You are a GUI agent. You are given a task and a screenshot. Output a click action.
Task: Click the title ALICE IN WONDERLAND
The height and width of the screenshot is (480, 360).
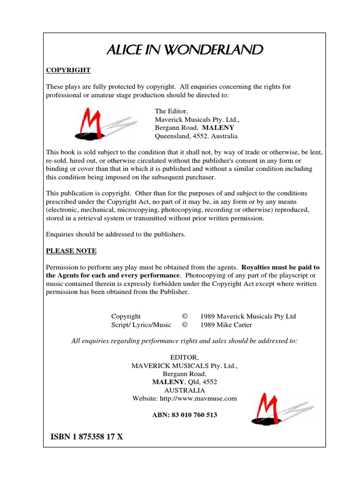point(184,50)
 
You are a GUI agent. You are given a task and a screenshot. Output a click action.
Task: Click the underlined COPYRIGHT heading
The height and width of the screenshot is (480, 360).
point(68,70)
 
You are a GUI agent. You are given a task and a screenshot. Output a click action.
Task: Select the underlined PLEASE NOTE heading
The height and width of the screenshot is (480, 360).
point(71,251)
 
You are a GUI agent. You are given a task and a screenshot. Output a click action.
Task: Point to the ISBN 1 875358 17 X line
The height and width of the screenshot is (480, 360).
point(87,437)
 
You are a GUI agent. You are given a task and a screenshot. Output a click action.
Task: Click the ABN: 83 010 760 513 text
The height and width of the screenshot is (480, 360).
point(185,415)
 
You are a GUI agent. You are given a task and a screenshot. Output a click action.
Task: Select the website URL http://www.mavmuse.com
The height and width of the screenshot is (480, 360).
point(185,398)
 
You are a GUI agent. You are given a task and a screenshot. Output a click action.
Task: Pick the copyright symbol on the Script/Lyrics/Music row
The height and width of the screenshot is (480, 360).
point(185,325)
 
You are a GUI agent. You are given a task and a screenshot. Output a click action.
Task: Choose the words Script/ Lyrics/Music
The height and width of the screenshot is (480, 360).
point(141,325)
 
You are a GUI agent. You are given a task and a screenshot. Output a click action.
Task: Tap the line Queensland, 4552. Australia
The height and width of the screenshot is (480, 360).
point(196,136)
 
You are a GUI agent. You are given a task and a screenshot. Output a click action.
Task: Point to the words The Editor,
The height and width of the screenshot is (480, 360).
point(171,111)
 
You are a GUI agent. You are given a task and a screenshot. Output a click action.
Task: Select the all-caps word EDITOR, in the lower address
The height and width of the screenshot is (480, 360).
point(184,357)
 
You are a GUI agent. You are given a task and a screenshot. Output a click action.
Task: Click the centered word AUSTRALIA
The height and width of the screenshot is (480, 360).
point(185,390)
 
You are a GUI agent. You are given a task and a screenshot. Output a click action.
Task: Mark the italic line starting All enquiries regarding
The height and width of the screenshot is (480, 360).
point(184,341)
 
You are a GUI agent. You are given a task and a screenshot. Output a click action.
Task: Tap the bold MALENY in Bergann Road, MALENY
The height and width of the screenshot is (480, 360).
point(218,128)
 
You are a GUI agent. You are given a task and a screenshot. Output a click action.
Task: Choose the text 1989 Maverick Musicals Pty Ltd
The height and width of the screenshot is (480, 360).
point(248,316)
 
